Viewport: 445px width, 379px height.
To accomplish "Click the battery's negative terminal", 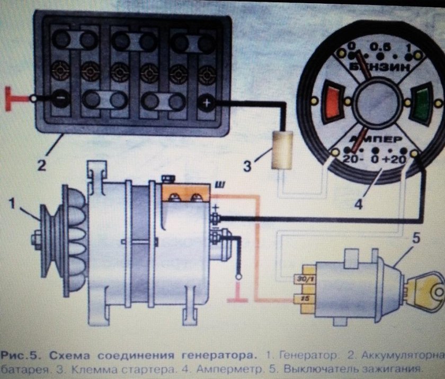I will [x=61, y=98].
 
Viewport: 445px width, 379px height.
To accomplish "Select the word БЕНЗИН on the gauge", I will [x=377, y=68].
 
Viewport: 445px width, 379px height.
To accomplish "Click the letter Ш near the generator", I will [x=218, y=184].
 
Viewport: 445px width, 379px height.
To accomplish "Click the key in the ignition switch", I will [x=427, y=290].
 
